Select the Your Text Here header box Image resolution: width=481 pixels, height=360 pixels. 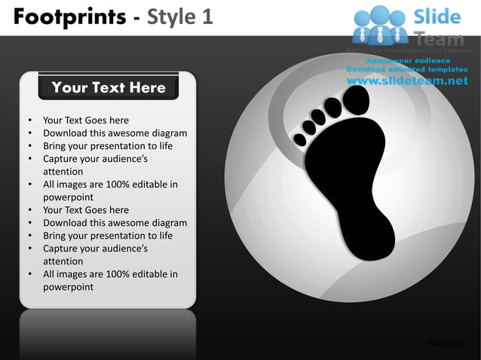pos(108,87)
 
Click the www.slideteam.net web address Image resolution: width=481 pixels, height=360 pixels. pos(408,81)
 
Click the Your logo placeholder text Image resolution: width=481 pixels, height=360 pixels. pos(446,343)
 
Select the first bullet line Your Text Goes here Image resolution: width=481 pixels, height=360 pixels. pos(85,121)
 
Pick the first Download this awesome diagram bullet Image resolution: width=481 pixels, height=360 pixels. pos(115,133)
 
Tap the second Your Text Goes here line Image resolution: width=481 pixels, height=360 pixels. pos(85,210)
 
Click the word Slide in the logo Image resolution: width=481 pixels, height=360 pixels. pos(437,17)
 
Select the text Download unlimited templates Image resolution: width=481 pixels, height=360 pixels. pos(407,70)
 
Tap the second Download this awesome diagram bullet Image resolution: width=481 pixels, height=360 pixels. pos(115,223)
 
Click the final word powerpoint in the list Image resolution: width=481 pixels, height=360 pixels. pos(68,287)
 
